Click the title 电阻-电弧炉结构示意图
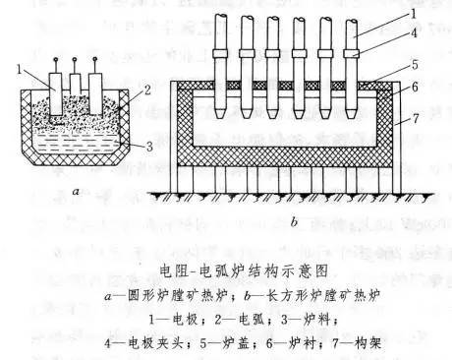[x=225, y=269]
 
